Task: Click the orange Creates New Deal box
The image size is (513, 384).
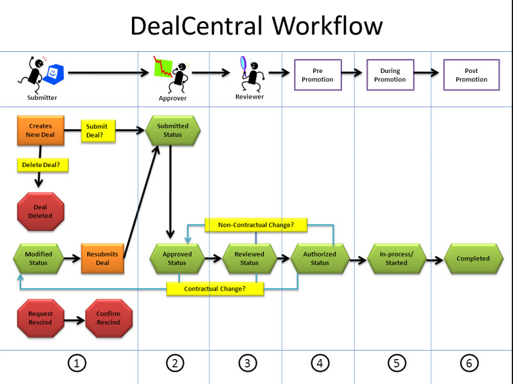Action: click(x=40, y=131)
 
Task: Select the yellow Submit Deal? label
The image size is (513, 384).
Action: click(x=97, y=131)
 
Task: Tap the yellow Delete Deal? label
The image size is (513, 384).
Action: click(x=43, y=164)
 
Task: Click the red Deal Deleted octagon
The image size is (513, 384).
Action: click(x=40, y=212)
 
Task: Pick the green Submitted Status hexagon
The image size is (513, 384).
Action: click(x=173, y=131)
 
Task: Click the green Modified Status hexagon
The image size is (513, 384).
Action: click(x=38, y=259)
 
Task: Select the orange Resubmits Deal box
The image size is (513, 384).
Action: click(x=102, y=259)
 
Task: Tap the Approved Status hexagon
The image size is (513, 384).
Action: click(x=177, y=259)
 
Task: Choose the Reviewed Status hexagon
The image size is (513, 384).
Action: click(x=249, y=259)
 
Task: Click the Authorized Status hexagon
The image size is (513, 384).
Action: click(x=320, y=259)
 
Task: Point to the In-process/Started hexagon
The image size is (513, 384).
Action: click(x=396, y=259)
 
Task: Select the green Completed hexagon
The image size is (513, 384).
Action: click(x=473, y=259)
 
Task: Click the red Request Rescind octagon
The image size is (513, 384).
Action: click(x=40, y=318)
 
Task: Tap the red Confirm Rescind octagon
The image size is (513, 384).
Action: click(x=108, y=318)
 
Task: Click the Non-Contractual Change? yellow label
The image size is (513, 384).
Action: click(x=256, y=225)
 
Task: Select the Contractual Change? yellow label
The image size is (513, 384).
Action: click(x=215, y=289)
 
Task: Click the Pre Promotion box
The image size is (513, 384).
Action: click(x=318, y=75)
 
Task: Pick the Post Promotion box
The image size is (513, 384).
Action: click(x=471, y=75)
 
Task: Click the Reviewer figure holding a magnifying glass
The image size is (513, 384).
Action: click(x=248, y=76)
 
